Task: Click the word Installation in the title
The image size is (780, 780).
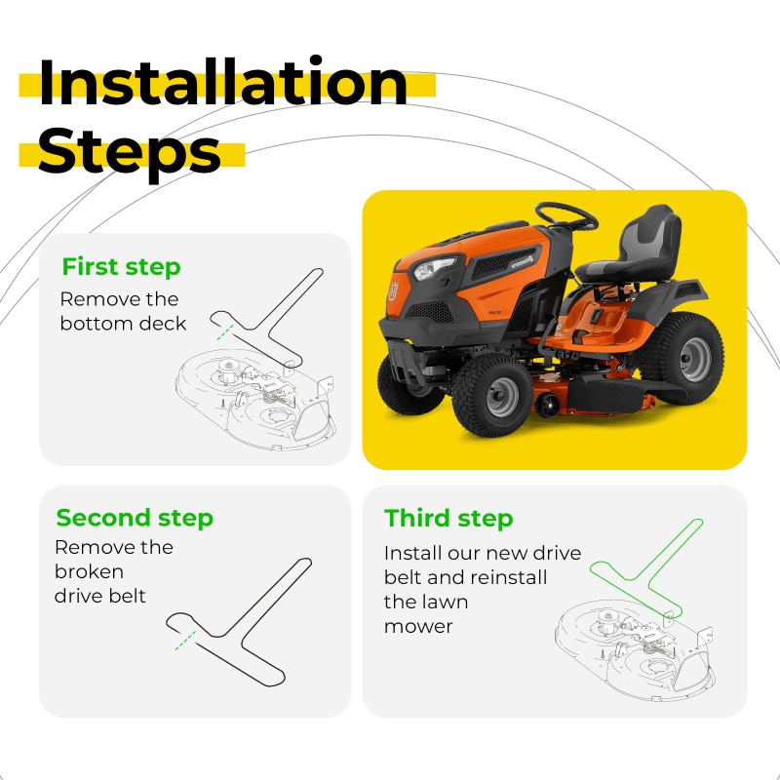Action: (x=223, y=82)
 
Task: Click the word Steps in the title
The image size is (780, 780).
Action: (x=129, y=153)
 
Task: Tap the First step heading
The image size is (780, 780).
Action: (x=121, y=266)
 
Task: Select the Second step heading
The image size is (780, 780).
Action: (x=135, y=518)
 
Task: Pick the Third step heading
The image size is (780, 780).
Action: (x=448, y=518)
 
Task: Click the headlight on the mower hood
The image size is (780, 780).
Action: (x=434, y=269)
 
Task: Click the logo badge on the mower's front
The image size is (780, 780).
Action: (x=394, y=291)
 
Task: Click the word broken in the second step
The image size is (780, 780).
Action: (x=89, y=571)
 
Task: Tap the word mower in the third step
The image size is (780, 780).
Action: (x=418, y=627)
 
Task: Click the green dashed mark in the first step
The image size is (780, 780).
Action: (x=225, y=332)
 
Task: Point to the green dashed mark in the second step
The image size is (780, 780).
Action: (x=185, y=641)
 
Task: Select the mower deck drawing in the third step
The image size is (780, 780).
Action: (x=636, y=649)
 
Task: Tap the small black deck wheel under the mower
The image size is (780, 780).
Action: (x=547, y=404)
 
